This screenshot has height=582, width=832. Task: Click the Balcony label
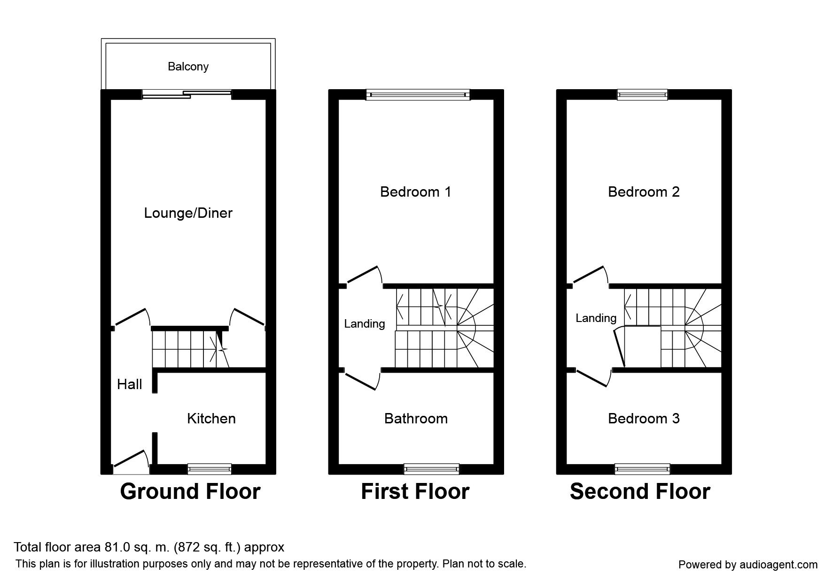tap(188, 67)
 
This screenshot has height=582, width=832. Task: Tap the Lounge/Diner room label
tap(188, 214)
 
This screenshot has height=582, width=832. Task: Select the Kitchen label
tap(211, 419)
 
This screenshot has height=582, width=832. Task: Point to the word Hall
tap(130, 384)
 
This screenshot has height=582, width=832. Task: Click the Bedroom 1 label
tap(416, 192)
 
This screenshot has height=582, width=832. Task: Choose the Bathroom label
tap(416, 419)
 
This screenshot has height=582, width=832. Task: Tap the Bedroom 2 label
tap(644, 192)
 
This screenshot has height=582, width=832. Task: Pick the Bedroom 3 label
tap(644, 419)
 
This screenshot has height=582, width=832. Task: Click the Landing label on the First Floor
tap(365, 324)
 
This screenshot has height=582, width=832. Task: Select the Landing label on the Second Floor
tap(596, 318)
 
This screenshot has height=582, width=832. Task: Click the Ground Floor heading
tap(190, 491)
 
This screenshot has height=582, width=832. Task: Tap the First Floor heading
tap(415, 491)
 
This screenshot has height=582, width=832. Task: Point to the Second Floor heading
tap(640, 491)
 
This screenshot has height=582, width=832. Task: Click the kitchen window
tap(210, 468)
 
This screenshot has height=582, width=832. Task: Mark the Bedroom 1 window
tap(418, 95)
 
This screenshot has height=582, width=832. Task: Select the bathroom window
tap(432, 468)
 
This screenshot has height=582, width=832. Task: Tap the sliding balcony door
tap(187, 94)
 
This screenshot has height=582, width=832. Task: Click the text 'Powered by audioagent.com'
tap(748, 565)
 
